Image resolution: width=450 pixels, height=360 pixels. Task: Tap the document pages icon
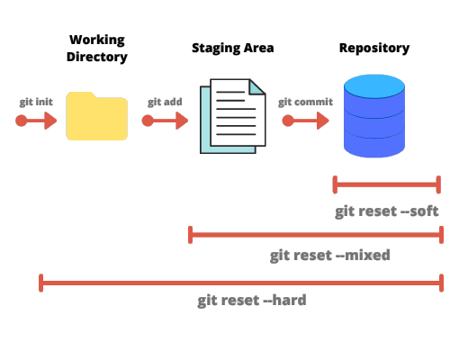pos(232,115)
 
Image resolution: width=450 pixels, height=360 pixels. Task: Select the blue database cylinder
pos(375,117)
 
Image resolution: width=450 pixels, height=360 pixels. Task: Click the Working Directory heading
pos(97,49)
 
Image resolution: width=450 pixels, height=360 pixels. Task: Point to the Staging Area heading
pos(232,48)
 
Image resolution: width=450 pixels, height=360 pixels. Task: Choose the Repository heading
pos(374,48)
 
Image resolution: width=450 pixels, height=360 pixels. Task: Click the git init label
pos(36,102)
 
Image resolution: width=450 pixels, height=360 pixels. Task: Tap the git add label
pos(166,102)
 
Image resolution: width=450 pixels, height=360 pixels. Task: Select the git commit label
pos(305,102)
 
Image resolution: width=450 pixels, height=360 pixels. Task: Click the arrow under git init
pos(36,121)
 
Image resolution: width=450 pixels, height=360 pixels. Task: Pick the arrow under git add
pos(165,121)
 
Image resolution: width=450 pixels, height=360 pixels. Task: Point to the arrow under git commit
pos(304,121)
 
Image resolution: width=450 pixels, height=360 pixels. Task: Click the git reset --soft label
pos(387,211)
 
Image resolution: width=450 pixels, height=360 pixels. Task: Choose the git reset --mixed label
pos(329,256)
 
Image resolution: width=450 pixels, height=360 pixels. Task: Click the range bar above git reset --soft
pos(387,185)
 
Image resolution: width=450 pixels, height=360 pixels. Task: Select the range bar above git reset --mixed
pos(315,235)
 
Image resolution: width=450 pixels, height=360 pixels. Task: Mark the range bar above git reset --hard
pos(241,283)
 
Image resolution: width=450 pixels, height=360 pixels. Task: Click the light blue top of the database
pos(375,87)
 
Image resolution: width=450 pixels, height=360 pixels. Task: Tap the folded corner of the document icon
pos(257,86)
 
